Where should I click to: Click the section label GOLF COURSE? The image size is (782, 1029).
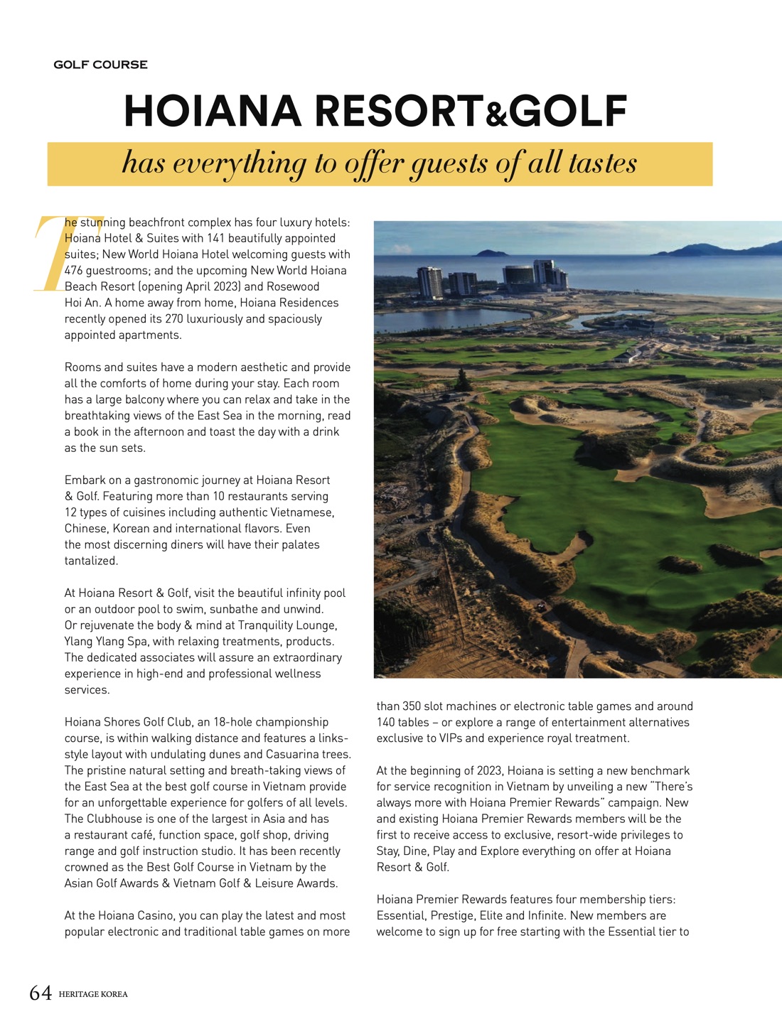[100, 65]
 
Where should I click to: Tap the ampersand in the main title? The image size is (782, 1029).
[497, 115]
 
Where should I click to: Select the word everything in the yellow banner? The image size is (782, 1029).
[239, 163]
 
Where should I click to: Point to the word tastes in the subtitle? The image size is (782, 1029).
[602, 163]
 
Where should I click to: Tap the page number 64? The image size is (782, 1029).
[41, 993]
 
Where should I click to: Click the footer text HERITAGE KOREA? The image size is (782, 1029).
[93, 994]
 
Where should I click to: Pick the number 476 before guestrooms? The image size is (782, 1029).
[74, 271]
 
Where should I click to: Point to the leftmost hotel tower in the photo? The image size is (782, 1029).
[429, 282]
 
